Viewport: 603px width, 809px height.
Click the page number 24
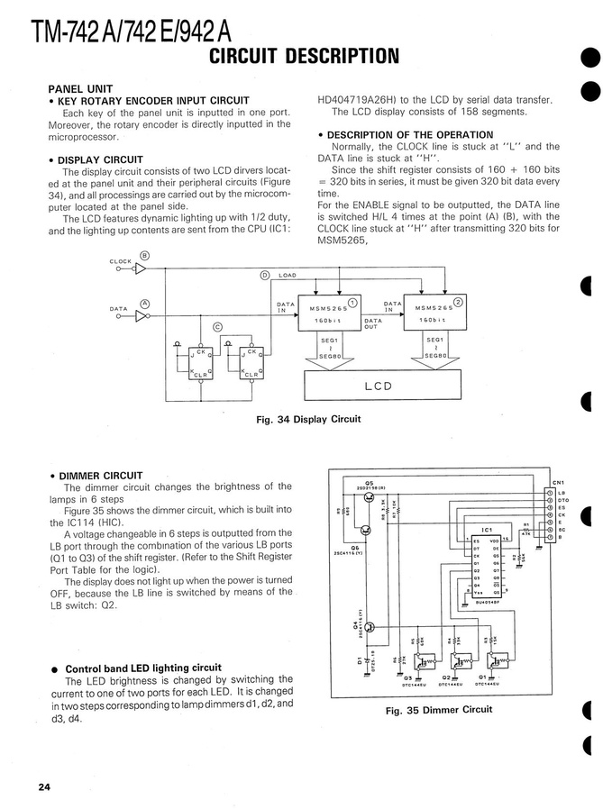[44, 787]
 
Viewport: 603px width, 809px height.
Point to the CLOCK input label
[120, 261]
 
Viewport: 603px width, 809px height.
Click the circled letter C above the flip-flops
[216, 326]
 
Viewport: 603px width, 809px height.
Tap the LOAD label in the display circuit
[287, 275]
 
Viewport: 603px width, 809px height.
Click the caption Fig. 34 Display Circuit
[309, 419]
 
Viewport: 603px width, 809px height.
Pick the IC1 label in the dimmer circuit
[486, 529]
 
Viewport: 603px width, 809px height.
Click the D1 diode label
[359, 662]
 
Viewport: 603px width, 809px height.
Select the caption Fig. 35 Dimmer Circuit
[439, 709]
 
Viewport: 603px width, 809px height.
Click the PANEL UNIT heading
[80, 88]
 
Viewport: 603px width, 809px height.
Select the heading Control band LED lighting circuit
[143, 668]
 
